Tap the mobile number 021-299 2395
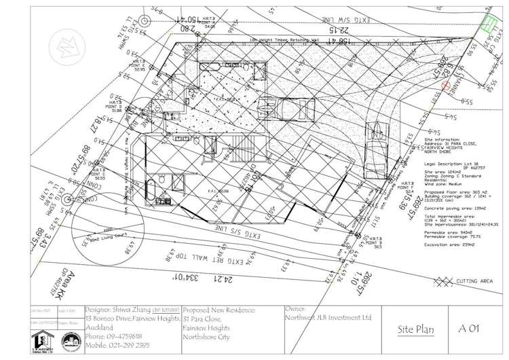tap(119, 344)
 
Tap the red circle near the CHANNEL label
tap(446, 86)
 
